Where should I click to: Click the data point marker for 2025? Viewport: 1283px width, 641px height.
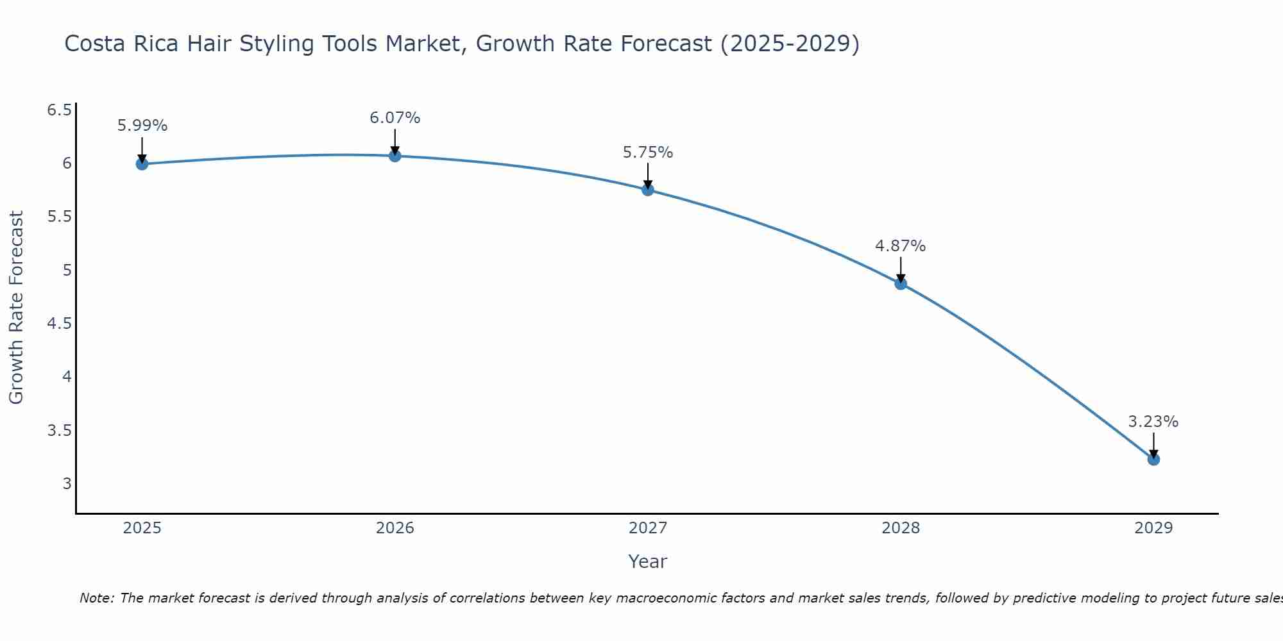142,164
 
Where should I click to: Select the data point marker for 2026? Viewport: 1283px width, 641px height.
395,156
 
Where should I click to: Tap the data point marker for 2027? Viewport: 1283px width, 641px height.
648,190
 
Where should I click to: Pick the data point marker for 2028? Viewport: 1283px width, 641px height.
901,284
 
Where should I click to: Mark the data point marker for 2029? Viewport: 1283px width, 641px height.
1153,459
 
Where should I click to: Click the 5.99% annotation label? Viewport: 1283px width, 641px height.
142,126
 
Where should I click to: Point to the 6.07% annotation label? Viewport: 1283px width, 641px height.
395,118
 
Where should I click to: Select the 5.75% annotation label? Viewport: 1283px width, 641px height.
648,153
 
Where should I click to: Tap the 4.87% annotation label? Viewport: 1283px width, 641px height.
901,246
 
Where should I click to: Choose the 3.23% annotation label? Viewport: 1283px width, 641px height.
1153,422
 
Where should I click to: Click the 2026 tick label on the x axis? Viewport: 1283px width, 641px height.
395,528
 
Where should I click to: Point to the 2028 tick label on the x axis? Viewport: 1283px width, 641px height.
901,528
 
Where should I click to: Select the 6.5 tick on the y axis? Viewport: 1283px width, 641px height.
59,110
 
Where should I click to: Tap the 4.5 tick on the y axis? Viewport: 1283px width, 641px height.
59,324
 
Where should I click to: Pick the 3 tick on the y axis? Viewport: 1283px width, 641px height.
67,483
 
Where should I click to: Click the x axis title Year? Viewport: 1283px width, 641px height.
648,562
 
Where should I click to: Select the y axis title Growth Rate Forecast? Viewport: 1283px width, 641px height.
17,308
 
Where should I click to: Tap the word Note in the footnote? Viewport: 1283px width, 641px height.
96,598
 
